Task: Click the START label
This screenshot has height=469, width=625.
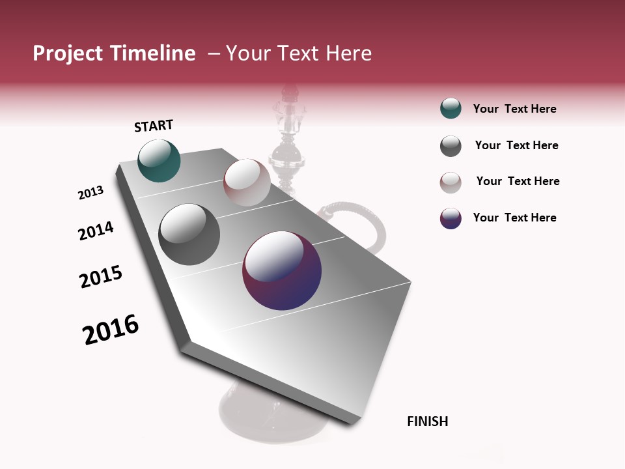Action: (154, 126)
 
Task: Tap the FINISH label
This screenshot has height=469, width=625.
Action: (427, 421)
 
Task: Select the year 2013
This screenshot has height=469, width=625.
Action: (90, 193)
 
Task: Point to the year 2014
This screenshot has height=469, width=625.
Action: (96, 231)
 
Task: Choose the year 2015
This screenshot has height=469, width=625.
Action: (100, 277)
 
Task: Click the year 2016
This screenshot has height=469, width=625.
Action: (111, 330)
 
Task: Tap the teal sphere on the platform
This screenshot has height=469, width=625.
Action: (159, 161)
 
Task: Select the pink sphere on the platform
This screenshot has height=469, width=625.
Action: (247, 182)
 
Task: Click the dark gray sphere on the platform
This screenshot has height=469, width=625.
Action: (189, 234)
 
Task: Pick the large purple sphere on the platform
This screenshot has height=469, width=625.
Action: (282, 270)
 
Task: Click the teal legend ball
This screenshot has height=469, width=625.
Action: (451, 109)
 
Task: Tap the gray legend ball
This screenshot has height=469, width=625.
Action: (451, 146)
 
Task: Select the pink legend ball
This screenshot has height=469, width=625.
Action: (451, 182)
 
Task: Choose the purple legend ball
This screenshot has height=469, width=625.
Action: (451, 218)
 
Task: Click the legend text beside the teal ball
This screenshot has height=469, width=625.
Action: (514, 109)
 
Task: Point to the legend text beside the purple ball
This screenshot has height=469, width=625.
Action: (514, 218)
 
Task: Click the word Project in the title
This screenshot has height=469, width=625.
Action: (68, 53)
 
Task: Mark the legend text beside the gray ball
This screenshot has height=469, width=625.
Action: (516, 145)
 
